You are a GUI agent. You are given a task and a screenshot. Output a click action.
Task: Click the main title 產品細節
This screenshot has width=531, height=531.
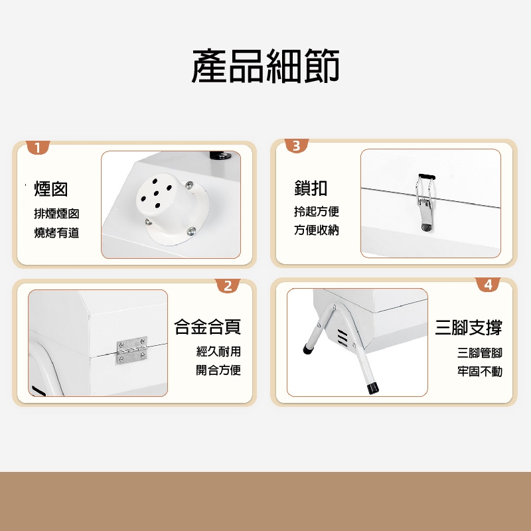265,67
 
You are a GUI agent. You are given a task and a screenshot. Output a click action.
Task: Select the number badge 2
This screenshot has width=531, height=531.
228,285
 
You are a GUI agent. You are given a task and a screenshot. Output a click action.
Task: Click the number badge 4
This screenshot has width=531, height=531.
488,284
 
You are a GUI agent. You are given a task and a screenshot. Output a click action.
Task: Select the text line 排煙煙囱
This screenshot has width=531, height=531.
56,214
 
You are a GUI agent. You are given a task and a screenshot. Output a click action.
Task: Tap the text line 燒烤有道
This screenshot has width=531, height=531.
56,233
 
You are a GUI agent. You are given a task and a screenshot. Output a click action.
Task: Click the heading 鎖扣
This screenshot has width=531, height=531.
311,188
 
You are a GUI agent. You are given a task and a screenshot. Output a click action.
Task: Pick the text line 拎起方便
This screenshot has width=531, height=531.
317,212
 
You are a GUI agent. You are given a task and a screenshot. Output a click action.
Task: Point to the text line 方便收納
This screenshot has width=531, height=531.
317,231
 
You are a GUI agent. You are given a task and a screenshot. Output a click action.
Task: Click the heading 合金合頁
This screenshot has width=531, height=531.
207,327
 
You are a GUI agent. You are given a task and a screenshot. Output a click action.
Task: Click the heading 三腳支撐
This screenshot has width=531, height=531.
469,327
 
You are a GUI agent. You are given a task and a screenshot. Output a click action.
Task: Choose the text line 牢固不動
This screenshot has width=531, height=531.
480,372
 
